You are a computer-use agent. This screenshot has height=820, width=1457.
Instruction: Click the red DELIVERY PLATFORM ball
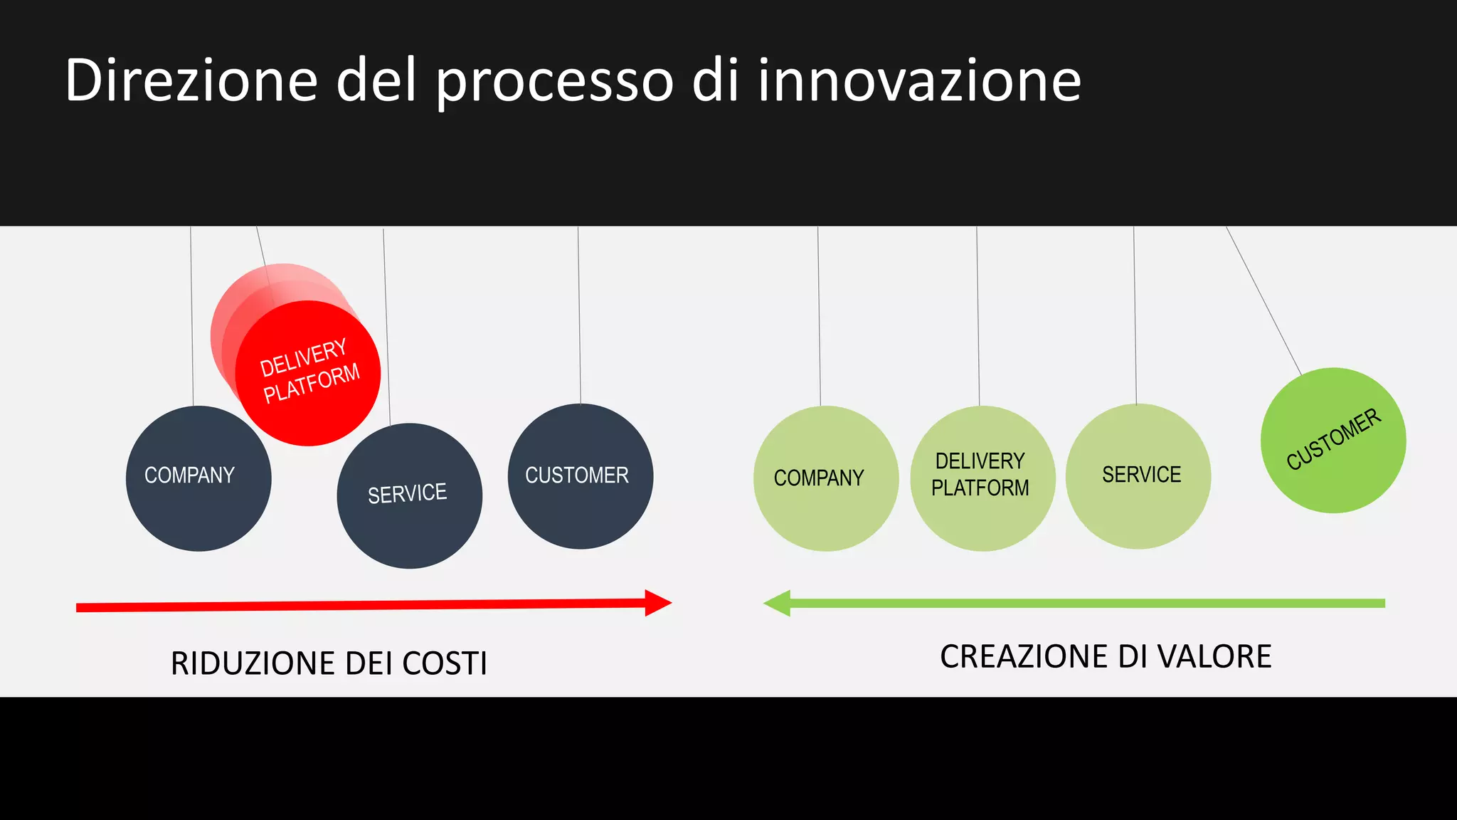[x=309, y=373]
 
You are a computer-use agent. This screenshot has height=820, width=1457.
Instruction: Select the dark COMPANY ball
[x=198, y=478]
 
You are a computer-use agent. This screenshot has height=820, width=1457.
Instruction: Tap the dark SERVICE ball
[x=409, y=496]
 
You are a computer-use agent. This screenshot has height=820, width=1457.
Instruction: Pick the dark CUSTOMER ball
[x=580, y=476]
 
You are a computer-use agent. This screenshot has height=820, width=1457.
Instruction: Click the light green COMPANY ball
[x=825, y=478]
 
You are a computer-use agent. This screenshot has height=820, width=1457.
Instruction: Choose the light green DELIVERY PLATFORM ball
[x=982, y=478]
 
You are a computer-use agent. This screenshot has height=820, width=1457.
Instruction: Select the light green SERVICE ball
[x=1138, y=476]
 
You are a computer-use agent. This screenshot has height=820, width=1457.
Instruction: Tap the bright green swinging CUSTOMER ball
[x=1333, y=441]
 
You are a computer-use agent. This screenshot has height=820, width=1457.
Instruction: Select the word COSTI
[x=445, y=663]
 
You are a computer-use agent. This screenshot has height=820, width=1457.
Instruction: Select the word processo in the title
[x=554, y=83]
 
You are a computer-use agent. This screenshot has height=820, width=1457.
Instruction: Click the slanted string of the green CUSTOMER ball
[x=1263, y=299]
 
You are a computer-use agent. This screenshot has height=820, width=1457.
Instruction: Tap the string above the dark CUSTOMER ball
[x=579, y=313]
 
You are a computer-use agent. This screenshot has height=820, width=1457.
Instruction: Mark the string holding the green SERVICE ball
[x=1135, y=313]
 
